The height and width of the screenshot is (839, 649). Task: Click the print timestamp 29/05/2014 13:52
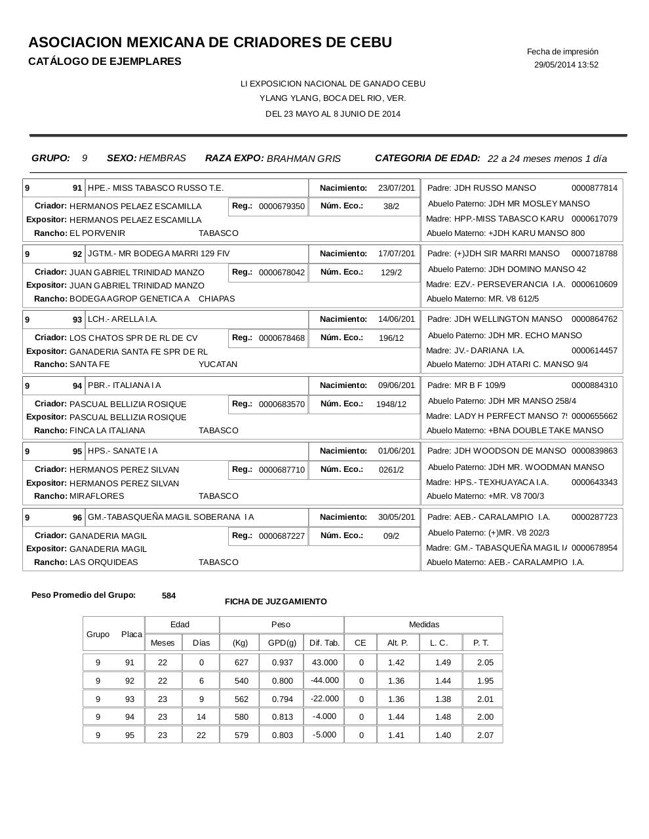(566, 65)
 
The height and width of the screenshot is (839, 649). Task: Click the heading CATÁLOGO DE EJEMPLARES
(105, 62)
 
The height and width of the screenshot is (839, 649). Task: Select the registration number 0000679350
(281, 206)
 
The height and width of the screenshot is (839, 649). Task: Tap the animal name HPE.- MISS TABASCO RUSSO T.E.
(155, 188)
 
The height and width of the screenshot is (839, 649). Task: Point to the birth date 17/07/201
(396, 254)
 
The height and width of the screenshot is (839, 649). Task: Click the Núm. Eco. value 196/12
(391, 338)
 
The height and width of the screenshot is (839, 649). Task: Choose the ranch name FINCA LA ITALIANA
(108, 431)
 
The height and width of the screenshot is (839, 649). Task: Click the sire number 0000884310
(594, 385)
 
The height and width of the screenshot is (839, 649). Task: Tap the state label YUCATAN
(218, 364)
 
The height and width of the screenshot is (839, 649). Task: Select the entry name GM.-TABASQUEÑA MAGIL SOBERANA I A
(170, 517)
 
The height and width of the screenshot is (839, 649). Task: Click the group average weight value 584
(168, 596)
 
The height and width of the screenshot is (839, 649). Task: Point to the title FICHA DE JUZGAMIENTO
(275, 602)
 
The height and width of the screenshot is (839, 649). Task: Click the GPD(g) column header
(282, 643)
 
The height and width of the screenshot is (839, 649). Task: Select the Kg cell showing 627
(241, 663)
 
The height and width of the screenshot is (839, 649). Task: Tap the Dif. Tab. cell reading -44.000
(324, 680)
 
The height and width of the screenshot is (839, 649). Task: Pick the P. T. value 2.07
(485, 735)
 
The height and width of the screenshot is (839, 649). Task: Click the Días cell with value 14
(201, 717)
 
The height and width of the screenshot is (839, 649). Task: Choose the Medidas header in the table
(424, 625)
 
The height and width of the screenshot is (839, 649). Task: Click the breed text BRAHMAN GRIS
(304, 159)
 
